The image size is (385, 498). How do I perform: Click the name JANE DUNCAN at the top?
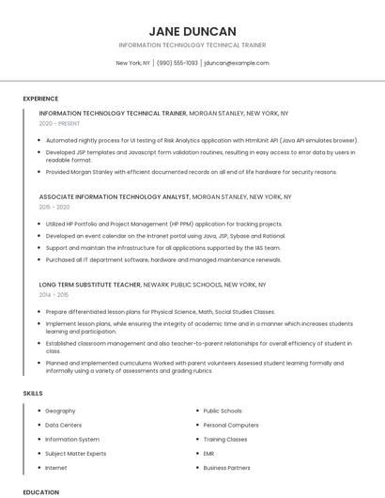tap(192, 30)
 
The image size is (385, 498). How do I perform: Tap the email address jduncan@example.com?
tap(236, 63)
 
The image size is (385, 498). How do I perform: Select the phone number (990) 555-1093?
tap(177, 63)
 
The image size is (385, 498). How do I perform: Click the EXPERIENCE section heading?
tap(40, 99)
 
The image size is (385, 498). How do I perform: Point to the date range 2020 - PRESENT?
tap(59, 123)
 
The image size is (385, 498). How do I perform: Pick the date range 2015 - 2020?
tap(54, 207)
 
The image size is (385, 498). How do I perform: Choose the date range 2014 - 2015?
tap(54, 294)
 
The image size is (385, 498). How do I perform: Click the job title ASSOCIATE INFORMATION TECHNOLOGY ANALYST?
tap(114, 197)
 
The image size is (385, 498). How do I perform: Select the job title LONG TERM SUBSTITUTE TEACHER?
tap(90, 284)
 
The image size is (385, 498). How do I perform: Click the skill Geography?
tap(60, 411)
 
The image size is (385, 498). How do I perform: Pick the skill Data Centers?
tap(64, 425)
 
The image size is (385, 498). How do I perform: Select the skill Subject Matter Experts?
tap(76, 453)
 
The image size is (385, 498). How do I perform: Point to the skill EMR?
tap(209, 453)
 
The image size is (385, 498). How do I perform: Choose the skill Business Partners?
tap(226, 467)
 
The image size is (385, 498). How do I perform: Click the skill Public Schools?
tap(223, 411)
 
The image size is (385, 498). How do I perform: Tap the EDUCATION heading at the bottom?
tap(40, 491)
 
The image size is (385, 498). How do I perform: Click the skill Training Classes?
tap(225, 439)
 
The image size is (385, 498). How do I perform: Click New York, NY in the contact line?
tap(133, 63)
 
